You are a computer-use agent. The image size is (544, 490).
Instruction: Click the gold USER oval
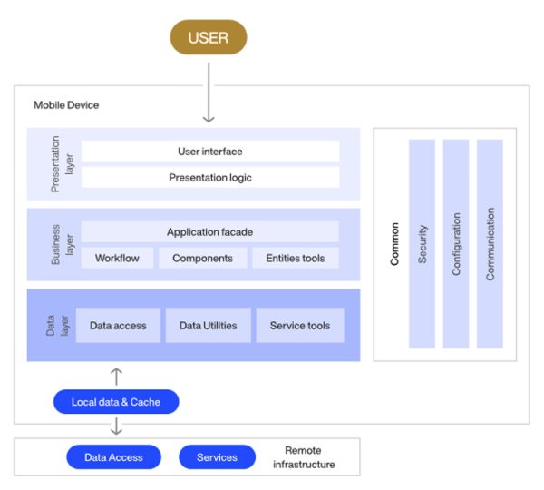tap(208, 37)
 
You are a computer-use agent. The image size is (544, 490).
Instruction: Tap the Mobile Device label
tap(66, 105)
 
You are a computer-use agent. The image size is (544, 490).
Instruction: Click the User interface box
tap(209, 152)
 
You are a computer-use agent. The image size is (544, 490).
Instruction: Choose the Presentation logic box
tap(209, 178)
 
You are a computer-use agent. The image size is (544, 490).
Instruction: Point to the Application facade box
tap(209, 232)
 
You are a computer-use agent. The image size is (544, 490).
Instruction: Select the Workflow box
tap(117, 258)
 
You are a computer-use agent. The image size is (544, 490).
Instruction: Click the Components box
tap(202, 258)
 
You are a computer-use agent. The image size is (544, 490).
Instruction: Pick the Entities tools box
tap(295, 258)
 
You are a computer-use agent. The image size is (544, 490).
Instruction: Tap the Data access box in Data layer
tap(118, 326)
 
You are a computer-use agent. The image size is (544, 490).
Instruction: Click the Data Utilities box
tap(208, 326)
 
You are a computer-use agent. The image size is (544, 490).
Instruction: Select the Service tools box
tap(299, 326)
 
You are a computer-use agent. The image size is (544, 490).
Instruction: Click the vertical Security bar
tap(422, 243)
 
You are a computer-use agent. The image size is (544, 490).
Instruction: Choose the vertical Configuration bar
tap(456, 243)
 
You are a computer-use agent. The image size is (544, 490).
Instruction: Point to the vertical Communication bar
tap(490, 243)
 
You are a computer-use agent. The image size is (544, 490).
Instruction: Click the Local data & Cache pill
tap(116, 402)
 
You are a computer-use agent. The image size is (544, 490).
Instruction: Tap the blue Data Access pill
tap(113, 457)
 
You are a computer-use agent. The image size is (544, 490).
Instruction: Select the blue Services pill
tap(217, 457)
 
